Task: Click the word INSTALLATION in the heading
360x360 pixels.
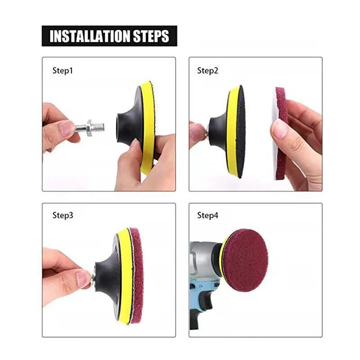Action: pos(90,36)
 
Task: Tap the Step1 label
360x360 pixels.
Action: pos(63,71)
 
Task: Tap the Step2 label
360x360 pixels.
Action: pos(207,71)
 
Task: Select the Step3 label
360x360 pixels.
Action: pos(63,216)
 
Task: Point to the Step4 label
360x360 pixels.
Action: pos(207,216)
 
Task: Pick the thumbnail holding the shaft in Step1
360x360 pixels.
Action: pos(67,128)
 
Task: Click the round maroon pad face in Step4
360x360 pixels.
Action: pos(246,260)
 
